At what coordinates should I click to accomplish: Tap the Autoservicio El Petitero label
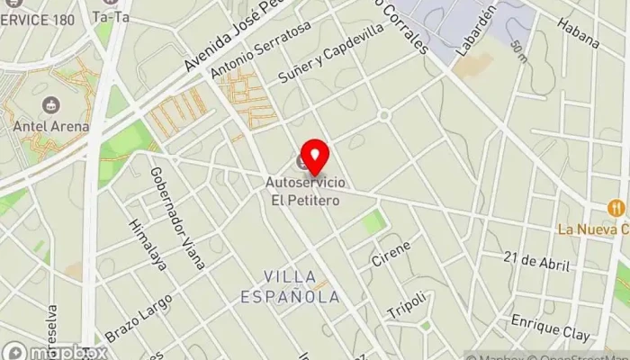302,190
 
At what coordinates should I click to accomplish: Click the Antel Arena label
51,126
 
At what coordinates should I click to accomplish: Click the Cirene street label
391,254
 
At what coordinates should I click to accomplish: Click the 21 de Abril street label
537,261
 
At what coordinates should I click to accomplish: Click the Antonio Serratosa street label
259,50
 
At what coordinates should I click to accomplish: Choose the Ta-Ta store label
110,16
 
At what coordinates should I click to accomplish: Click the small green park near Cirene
373,221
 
